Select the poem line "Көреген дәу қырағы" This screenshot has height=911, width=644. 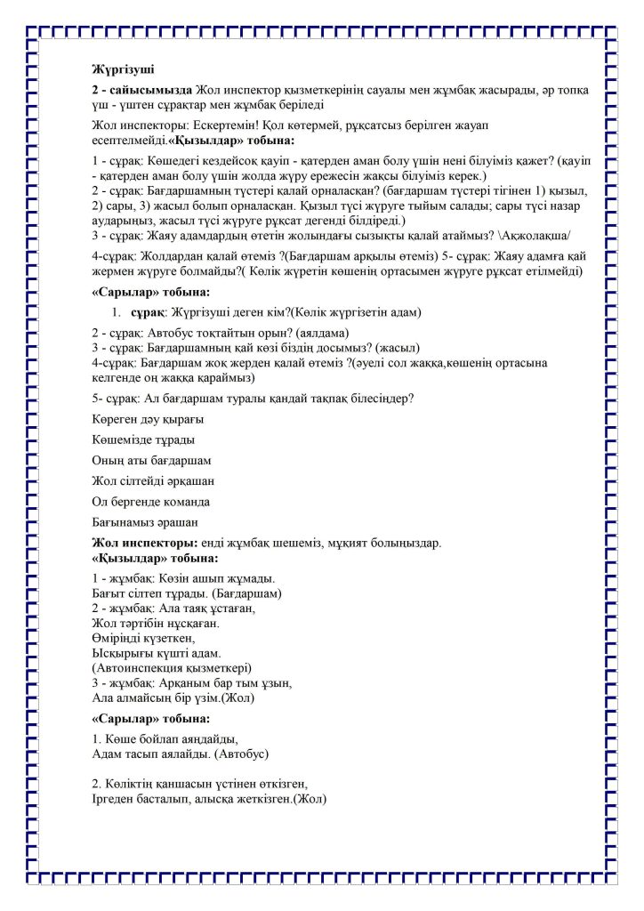[148, 418]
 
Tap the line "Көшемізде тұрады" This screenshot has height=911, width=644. [143, 439]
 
